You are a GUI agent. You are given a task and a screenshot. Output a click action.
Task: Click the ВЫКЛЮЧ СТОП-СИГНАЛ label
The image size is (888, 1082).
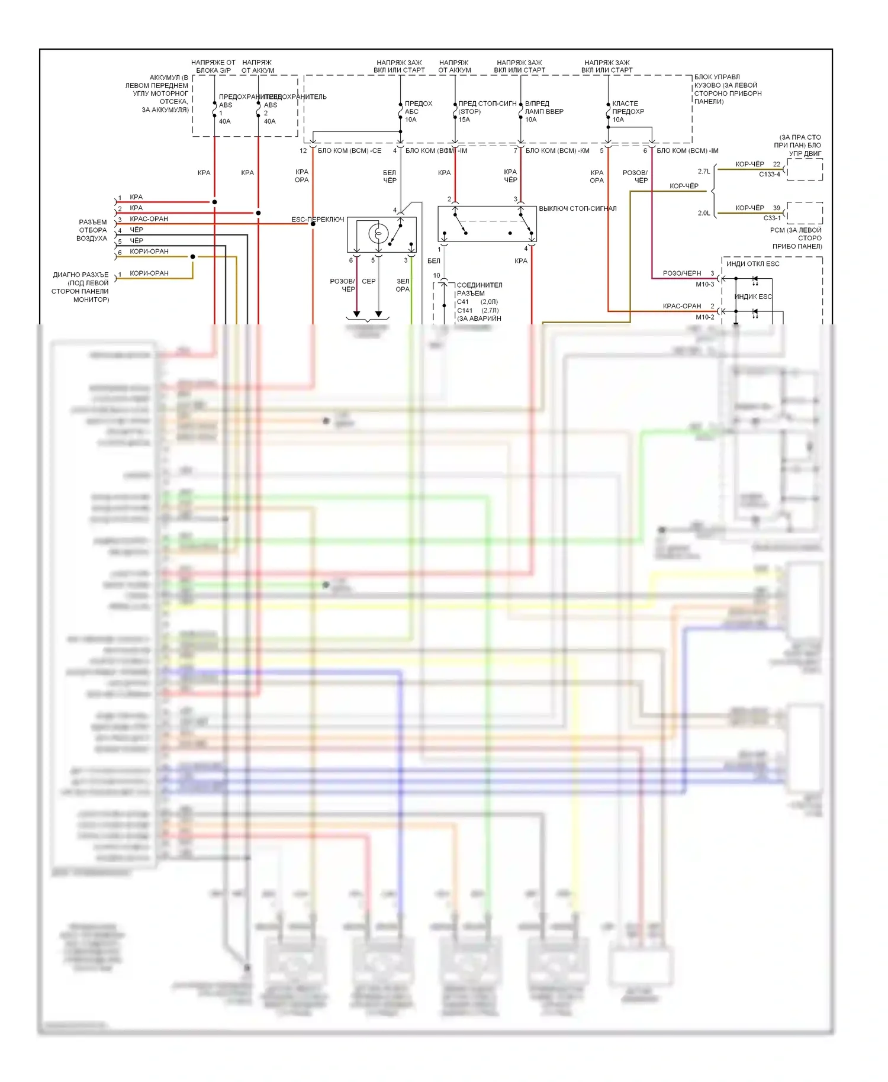577,208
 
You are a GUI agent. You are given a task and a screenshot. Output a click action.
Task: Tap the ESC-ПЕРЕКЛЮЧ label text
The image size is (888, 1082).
317,220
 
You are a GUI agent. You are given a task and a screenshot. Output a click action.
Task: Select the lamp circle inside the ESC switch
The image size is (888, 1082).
378,234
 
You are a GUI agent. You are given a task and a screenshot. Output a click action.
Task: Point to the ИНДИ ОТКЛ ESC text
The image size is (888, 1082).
752,264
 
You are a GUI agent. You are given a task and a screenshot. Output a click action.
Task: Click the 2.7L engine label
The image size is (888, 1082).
704,172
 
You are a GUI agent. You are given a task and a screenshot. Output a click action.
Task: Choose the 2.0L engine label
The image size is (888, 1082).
704,213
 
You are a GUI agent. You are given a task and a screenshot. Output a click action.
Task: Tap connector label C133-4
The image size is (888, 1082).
769,174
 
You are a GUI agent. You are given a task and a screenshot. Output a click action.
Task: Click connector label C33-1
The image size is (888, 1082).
771,218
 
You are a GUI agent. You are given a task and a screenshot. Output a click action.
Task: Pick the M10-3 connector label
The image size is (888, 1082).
704,285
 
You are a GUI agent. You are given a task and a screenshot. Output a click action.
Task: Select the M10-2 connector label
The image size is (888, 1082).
704,317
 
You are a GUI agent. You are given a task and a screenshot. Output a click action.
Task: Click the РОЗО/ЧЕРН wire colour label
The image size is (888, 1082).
681,273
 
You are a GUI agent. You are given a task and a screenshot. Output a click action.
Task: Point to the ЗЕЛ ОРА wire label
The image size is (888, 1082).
403,285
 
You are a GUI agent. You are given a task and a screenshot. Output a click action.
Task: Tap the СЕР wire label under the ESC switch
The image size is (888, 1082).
368,281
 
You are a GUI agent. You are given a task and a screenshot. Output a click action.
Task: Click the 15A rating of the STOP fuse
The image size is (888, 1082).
464,120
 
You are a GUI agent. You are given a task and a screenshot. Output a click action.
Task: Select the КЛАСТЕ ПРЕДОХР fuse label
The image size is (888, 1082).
628,108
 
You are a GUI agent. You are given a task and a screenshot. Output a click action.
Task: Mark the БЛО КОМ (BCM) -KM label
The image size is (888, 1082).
557,151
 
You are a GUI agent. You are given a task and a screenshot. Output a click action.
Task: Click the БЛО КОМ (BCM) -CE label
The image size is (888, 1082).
349,151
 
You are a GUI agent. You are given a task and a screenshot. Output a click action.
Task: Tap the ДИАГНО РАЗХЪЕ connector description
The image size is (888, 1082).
81,287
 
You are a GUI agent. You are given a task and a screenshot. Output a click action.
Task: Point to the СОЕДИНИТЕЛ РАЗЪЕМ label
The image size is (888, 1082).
479,289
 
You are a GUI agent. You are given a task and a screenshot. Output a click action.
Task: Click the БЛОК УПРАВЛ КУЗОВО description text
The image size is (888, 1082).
728,89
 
